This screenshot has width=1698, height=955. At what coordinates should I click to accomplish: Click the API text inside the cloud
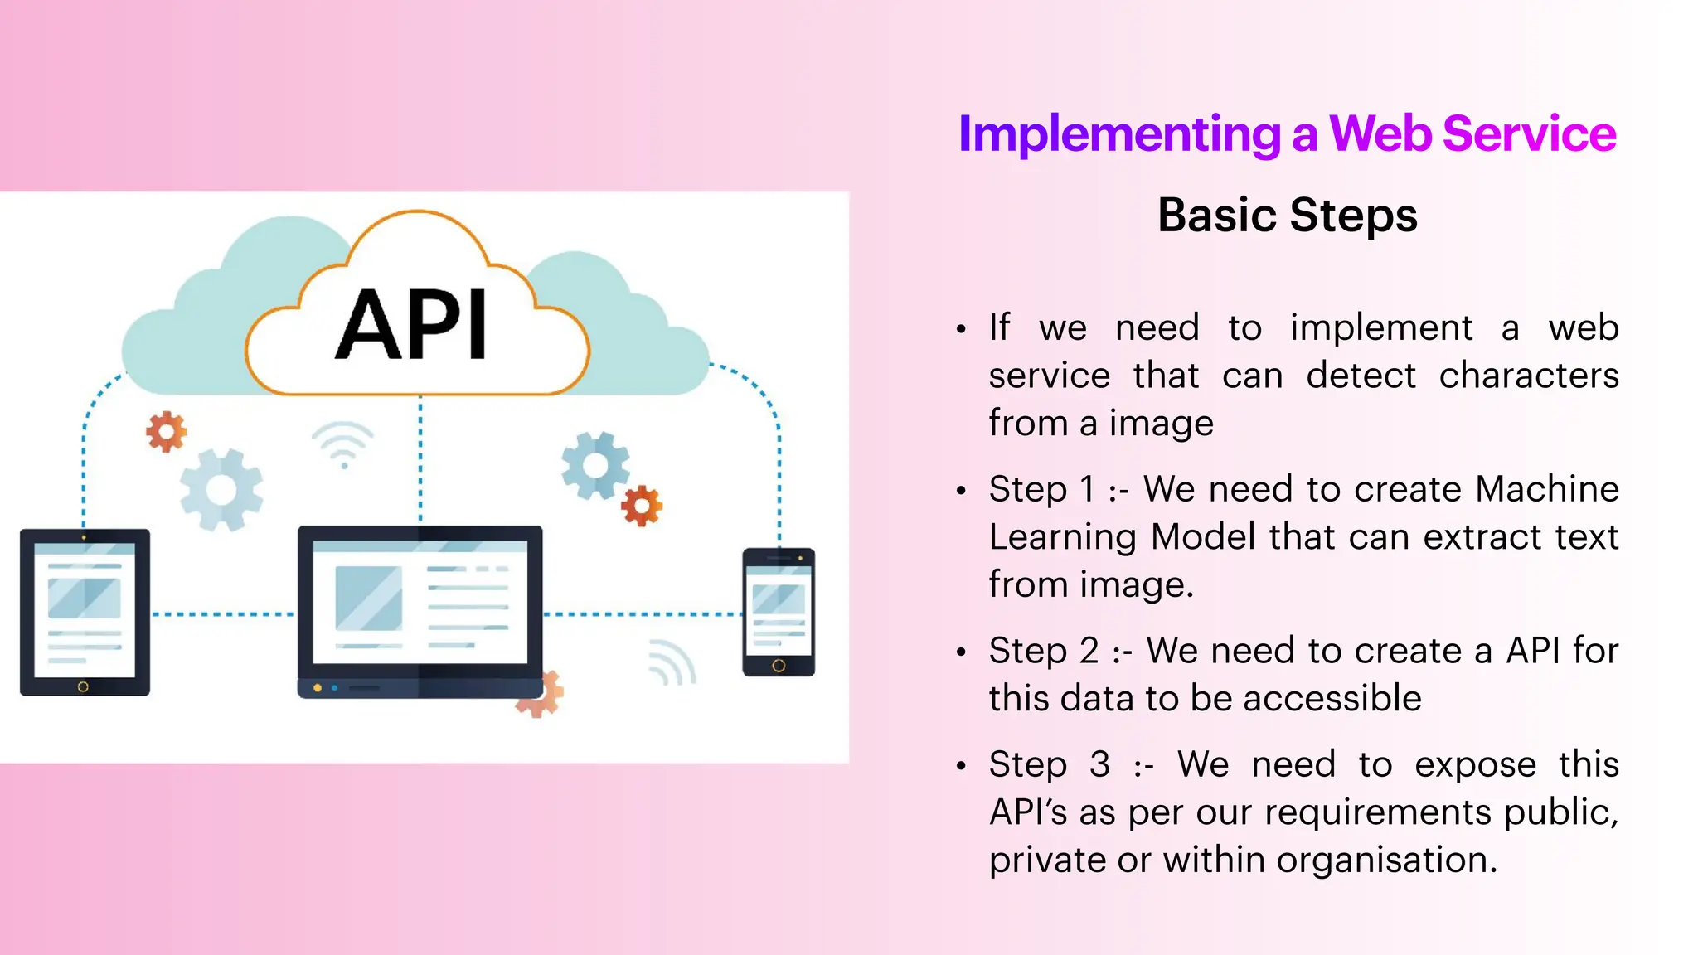pyautogui.click(x=412, y=325)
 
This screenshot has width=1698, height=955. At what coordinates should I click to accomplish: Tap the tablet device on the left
pyautogui.click(x=85, y=612)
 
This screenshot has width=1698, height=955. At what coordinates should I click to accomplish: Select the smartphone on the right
pyautogui.click(x=779, y=612)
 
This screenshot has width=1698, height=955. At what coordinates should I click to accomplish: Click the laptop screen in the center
pyautogui.click(x=420, y=602)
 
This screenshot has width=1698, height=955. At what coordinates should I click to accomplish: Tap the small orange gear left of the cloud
pyautogui.click(x=167, y=431)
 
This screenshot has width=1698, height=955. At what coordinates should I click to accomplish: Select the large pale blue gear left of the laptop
pyautogui.click(x=221, y=490)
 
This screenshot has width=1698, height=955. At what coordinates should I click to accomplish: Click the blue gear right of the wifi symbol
pyautogui.click(x=594, y=466)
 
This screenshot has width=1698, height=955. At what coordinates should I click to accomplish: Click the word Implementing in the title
pyautogui.click(x=1119, y=134)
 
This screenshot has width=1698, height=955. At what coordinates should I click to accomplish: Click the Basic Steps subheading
pyautogui.click(x=1287, y=215)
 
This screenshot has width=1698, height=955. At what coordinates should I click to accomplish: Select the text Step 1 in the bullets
pyautogui.click(x=1041, y=489)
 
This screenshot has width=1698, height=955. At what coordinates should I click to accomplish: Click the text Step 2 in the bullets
pyautogui.click(x=1043, y=651)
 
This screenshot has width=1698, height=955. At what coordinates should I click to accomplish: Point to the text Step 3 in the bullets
pyautogui.click(x=1049, y=764)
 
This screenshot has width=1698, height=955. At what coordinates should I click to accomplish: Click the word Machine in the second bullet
pyautogui.click(x=1547, y=489)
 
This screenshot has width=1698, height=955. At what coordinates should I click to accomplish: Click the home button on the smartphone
pyautogui.click(x=779, y=666)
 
